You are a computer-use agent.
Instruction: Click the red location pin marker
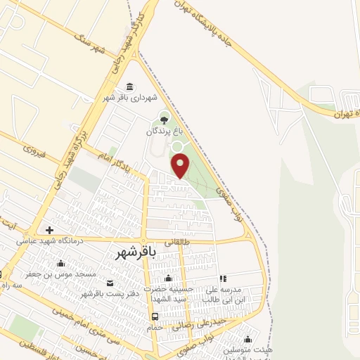(181, 165)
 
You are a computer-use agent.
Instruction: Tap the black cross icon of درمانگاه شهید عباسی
(49, 230)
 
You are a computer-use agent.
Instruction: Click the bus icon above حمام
(155, 316)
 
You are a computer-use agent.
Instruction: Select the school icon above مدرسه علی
(223, 279)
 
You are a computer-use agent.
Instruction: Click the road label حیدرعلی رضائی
(186, 323)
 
